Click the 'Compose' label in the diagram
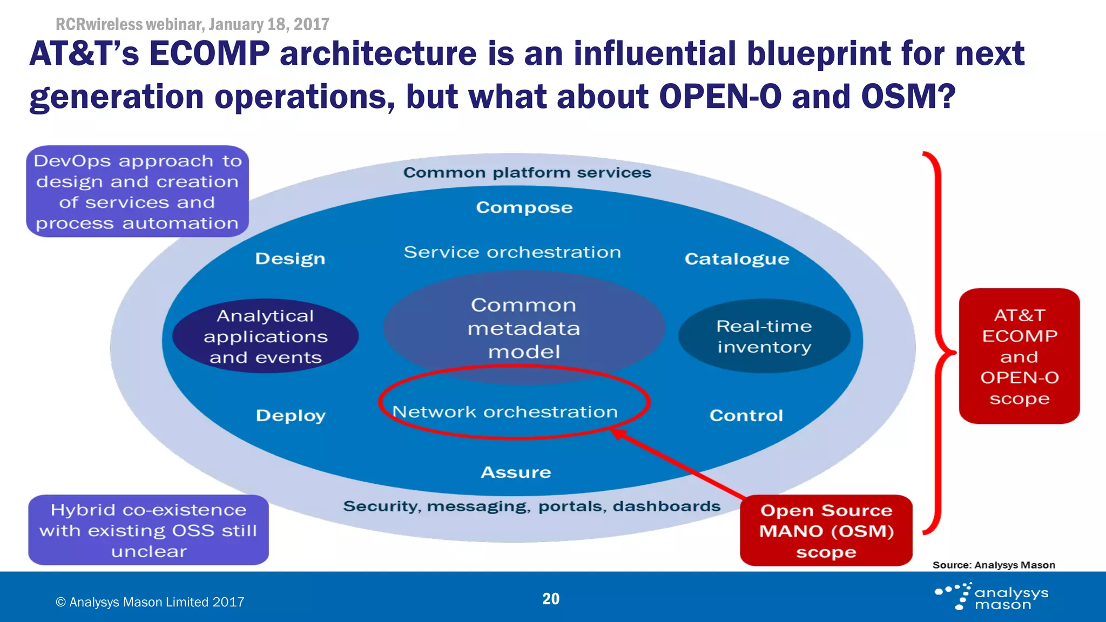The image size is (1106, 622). tap(524, 207)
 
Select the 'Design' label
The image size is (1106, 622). tap(290, 259)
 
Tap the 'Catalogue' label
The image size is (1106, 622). tap(737, 259)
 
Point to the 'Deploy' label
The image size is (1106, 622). tap(291, 415)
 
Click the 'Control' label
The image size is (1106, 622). tap(746, 415)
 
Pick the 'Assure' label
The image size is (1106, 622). tap(516, 472)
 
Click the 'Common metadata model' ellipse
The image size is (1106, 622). tap(523, 328)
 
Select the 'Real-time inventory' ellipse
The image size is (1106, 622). tap(764, 336)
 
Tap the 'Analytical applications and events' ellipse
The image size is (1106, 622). tap(265, 336)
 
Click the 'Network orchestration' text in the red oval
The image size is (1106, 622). tap(505, 412)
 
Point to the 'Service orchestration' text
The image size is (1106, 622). tap(512, 252)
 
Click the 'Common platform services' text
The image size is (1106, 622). tap(527, 173)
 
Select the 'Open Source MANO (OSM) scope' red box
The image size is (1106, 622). tap(826, 531)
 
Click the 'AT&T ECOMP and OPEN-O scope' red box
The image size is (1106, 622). tap(1019, 356)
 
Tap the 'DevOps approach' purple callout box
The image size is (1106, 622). tap(137, 192)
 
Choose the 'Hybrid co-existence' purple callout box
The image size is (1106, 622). tap(149, 530)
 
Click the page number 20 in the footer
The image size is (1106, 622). tap(550, 599)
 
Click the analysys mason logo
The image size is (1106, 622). tap(992, 597)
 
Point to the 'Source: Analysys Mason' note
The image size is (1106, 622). tap(993, 565)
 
